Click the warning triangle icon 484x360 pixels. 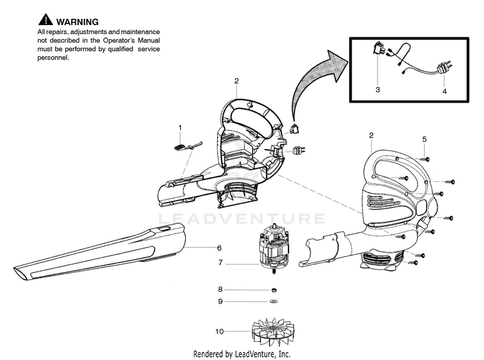click(x=45, y=22)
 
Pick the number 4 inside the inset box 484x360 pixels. click(x=444, y=92)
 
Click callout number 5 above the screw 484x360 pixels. click(x=424, y=139)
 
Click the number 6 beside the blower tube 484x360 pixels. click(x=219, y=247)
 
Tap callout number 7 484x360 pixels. click(x=220, y=263)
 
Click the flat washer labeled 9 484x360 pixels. click(x=274, y=301)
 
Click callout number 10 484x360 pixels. click(x=219, y=332)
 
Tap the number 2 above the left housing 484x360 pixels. click(x=236, y=81)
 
